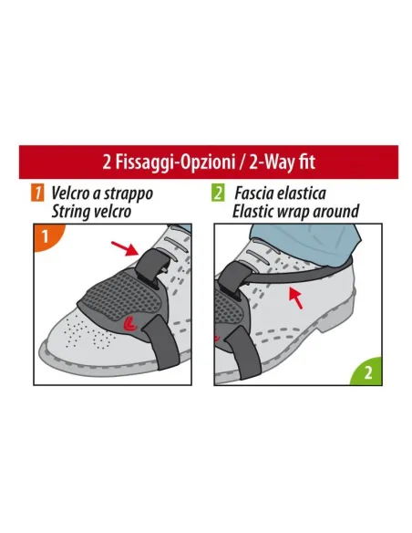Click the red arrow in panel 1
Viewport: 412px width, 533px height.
(x=125, y=248)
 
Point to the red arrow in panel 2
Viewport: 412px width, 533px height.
(x=295, y=298)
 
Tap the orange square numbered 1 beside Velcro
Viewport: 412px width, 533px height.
(x=37, y=193)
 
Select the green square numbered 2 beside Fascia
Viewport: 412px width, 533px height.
(x=218, y=193)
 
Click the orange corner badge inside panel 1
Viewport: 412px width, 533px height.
(x=46, y=236)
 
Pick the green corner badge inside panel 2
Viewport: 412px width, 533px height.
(x=368, y=372)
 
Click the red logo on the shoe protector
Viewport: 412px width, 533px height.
(x=129, y=323)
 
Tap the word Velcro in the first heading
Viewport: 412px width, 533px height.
(x=70, y=193)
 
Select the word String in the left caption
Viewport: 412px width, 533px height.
(x=69, y=212)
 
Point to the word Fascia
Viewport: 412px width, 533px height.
(x=254, y=193)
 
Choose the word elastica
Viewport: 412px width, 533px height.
(x=302, y=193)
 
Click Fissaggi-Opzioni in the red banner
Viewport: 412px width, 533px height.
(x=174, y=162)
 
